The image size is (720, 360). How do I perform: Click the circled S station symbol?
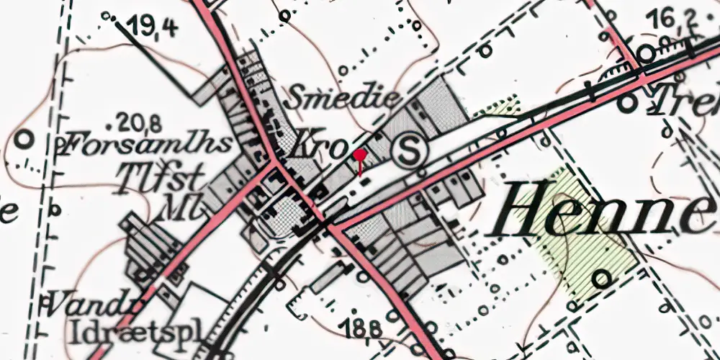click(410, 151)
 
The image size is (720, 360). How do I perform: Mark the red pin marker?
click(360, 155)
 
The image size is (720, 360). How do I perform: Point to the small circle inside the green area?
click(603, 277)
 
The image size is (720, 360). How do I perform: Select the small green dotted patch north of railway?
click(499, 108)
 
